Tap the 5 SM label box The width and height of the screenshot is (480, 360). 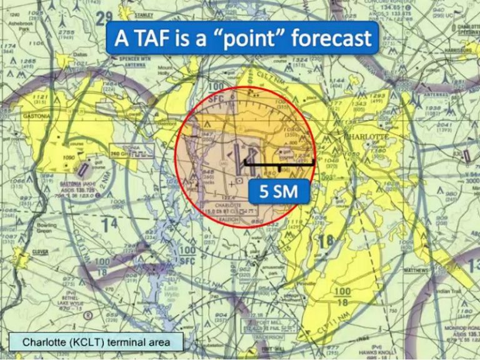point(279,192)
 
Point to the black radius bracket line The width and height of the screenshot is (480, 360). point(279,164)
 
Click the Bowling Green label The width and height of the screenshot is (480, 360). point(47,227)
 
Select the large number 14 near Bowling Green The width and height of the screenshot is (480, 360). point(110,223)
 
